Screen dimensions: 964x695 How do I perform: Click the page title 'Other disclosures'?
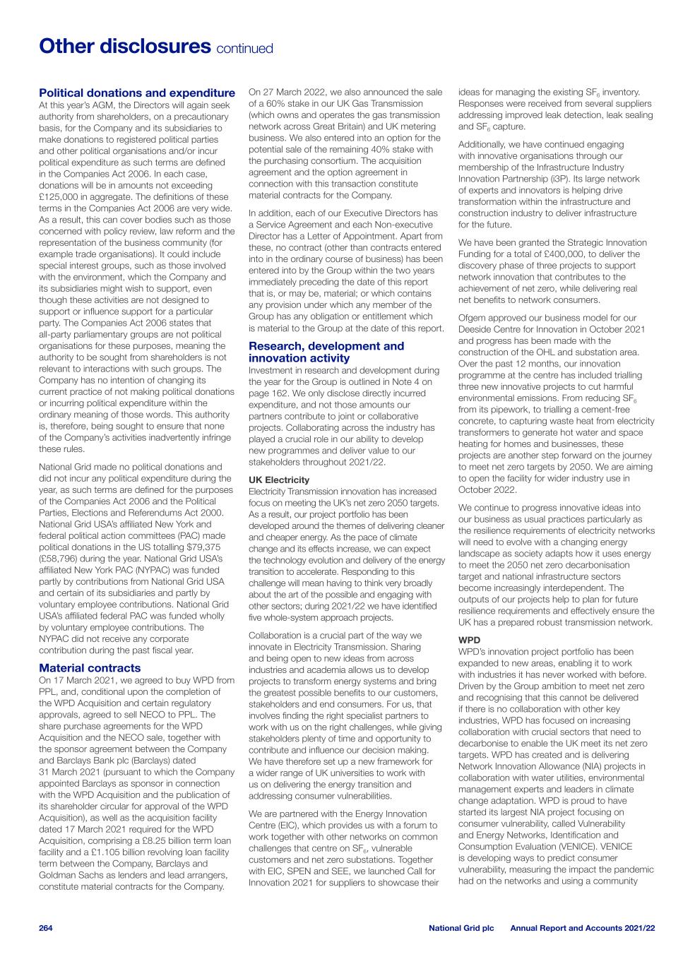[124, 47]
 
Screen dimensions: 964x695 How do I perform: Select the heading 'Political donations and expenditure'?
[137, 93]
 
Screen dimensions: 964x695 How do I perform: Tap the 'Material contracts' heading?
[90, 667]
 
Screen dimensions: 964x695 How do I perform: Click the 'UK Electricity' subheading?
[279, 480]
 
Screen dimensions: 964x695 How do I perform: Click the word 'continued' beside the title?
[244, 49]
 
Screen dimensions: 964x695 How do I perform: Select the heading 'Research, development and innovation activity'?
[326, 352]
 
